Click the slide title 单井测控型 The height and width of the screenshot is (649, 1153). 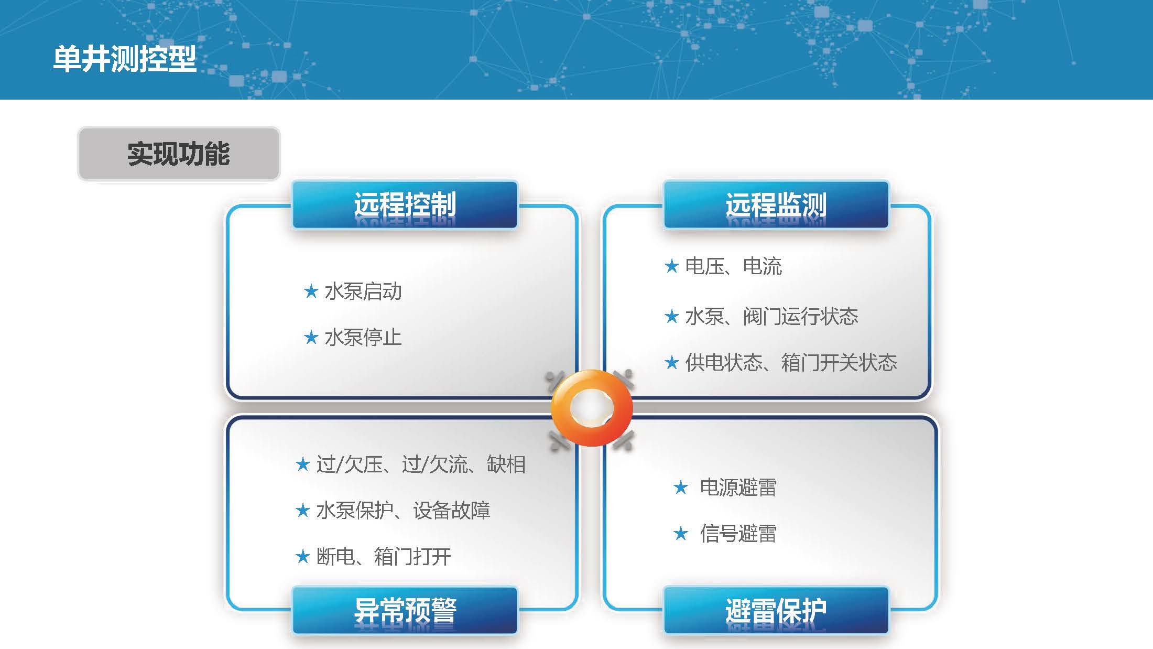(x=125, y=58)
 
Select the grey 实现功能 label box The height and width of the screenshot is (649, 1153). (x=179, y=154)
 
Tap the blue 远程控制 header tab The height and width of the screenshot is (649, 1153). (x=405, y=205)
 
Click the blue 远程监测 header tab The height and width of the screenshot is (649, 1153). (x=776, y=205)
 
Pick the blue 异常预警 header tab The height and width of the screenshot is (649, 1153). (x=405, y=611)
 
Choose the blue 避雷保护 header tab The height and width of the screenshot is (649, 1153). (x=776, y=611)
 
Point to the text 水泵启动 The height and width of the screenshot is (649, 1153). (x=363, y=291)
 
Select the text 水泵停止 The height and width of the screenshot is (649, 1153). (x=363, y=337)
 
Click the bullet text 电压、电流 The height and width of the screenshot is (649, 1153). (x=734, y=266)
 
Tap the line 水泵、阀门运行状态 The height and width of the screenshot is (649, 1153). (x=772, y=316)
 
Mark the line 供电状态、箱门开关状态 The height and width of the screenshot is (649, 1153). (x=791, y=362)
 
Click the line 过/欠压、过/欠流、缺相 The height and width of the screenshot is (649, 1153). (x=421, y=464)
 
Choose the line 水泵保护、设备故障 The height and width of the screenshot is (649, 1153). (x=404, y=511)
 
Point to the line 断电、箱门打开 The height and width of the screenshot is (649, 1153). (x=384, y=557)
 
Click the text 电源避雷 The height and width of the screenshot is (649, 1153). (x=738, y=488)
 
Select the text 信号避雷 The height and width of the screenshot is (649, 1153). (x=738, y=534)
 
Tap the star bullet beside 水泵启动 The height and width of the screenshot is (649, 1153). (x=311, y=291)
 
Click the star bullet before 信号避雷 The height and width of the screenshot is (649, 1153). (x=681, y=533)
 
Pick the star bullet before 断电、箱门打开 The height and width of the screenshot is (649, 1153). (x=303, y=556)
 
